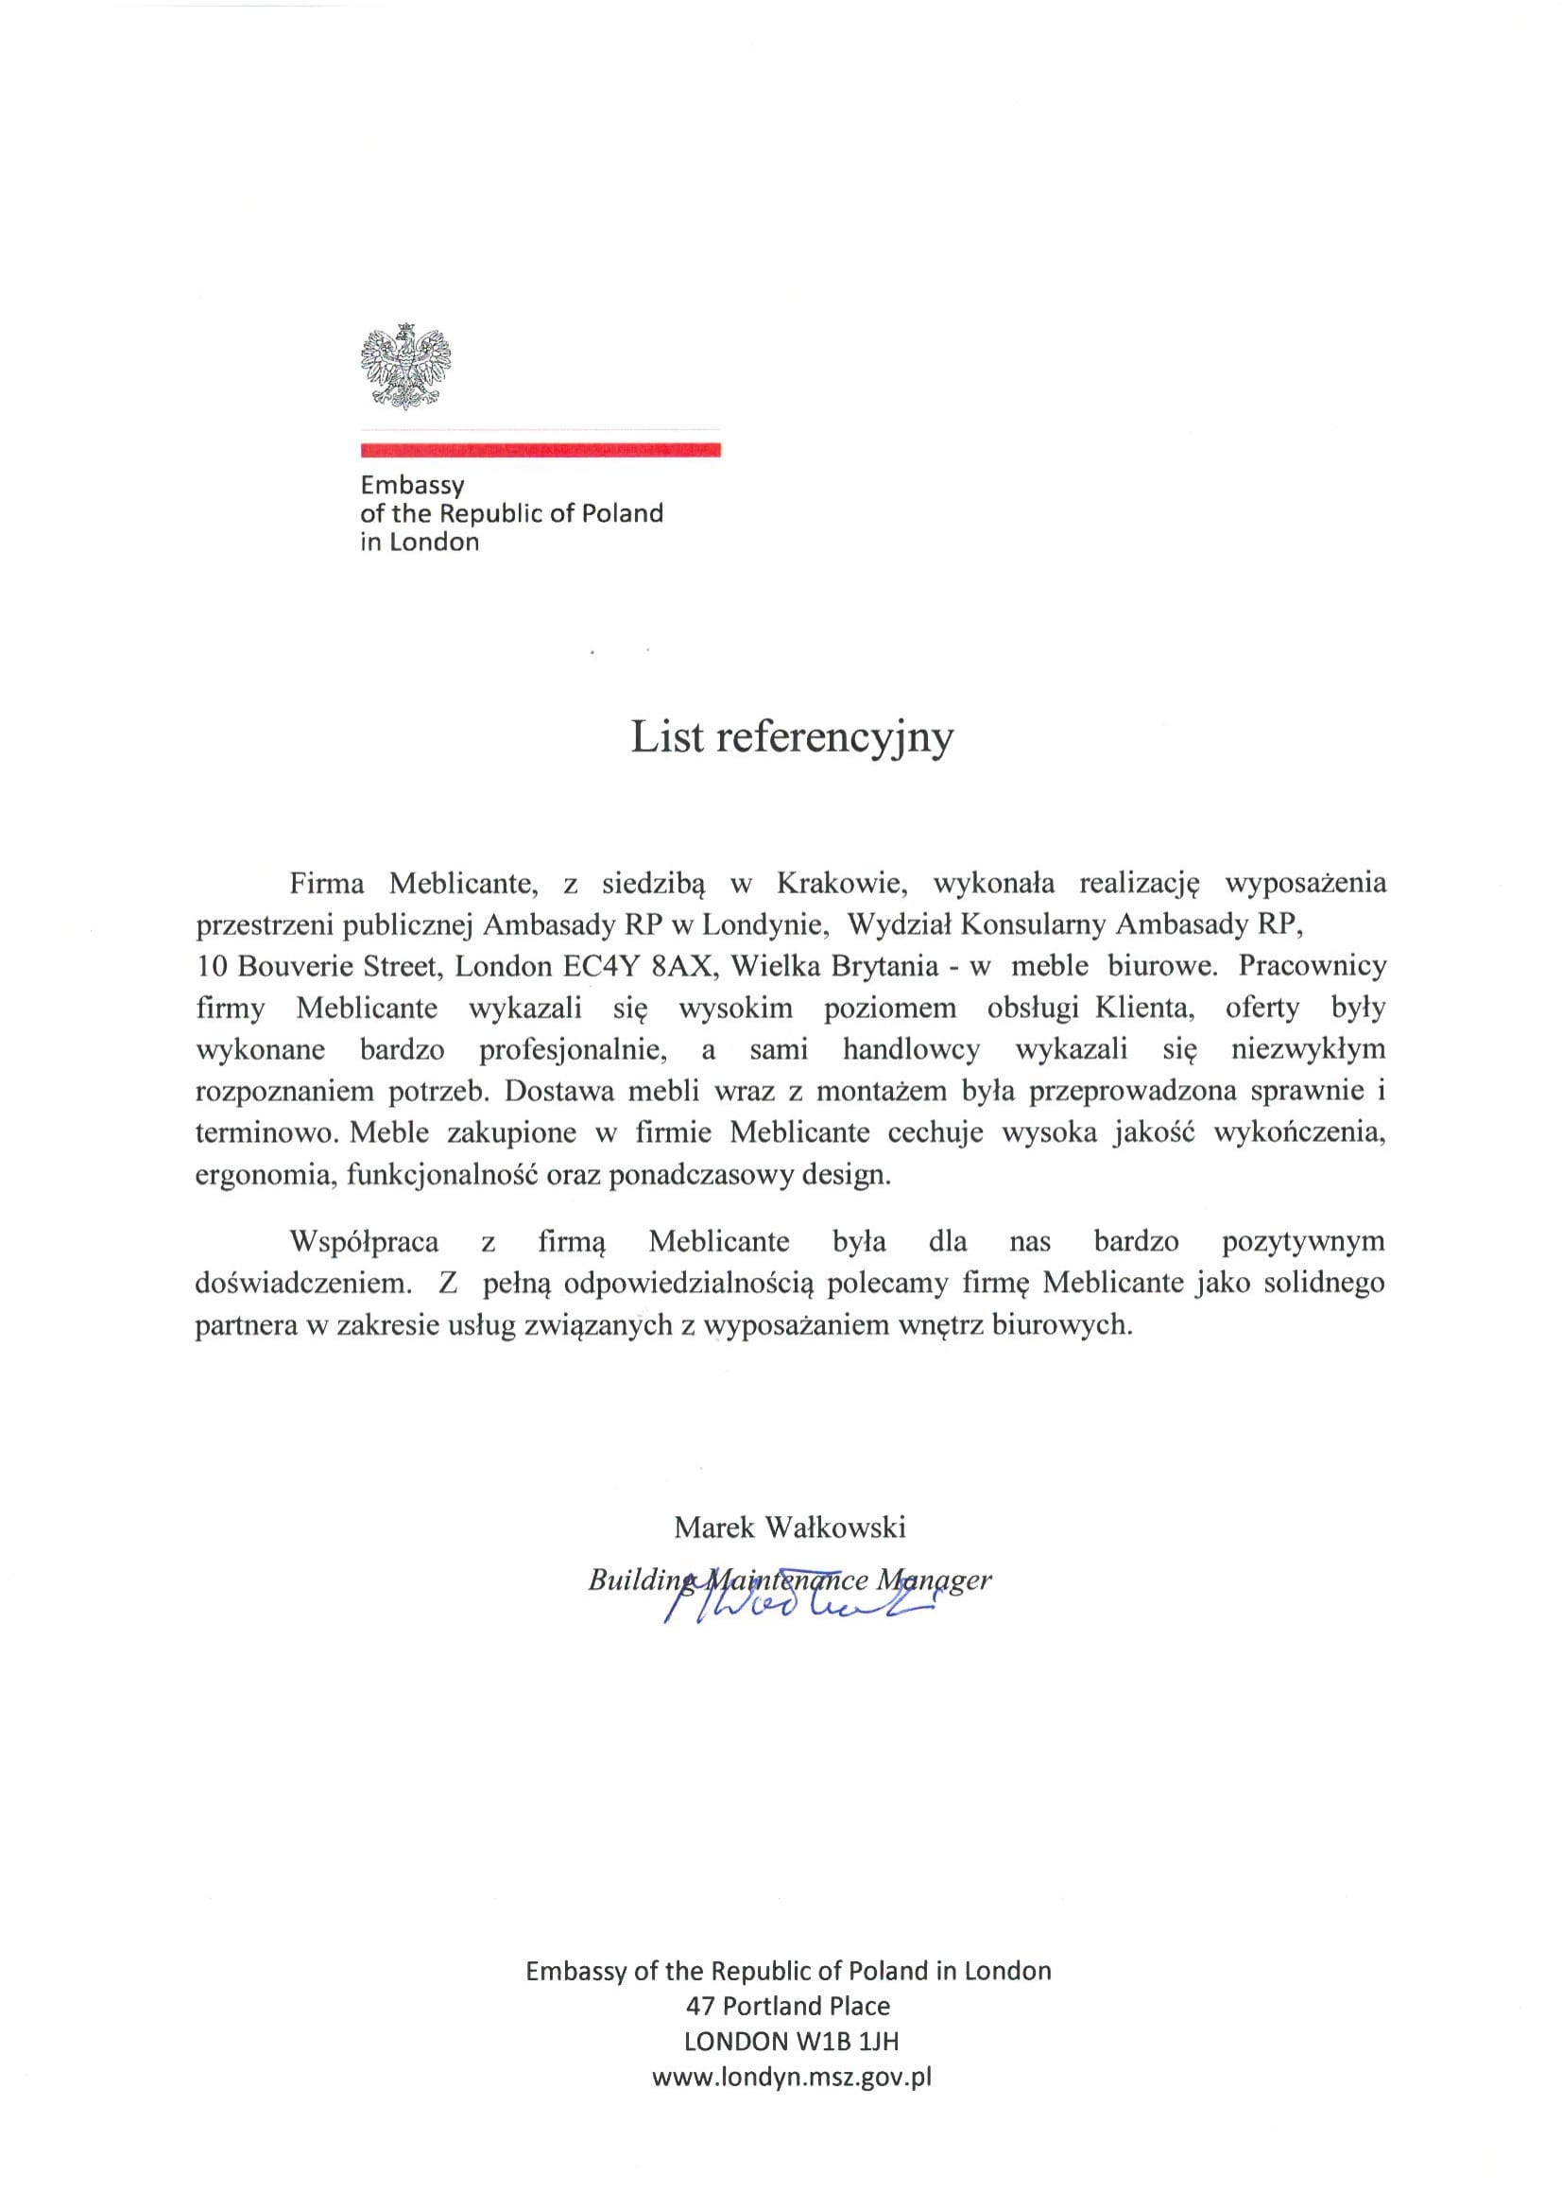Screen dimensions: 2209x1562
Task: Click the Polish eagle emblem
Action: [x=406, y=366]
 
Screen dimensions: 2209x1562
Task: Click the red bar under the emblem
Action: [x=541, y=449]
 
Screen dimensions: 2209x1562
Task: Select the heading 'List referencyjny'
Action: [x=792, y=737]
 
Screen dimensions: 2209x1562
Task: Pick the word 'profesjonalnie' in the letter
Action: [x=574, y=1048]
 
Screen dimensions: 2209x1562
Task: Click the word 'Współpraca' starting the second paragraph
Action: [x=365, y=1242]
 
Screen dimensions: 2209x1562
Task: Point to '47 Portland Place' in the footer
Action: [x=788, y=2006]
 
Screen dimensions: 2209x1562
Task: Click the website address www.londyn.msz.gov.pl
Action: [x=792, y=2077]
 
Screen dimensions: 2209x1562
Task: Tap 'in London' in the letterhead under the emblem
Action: [x=420, y=542]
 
